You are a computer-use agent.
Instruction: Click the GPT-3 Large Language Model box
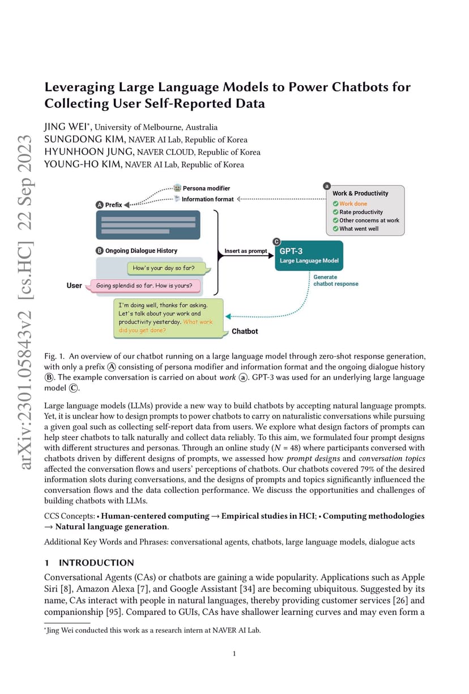pyautogui.click(x=309, y=256)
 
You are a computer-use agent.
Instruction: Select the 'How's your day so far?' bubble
pyautogui.click(x=168, y=268)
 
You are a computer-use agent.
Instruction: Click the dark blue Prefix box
pyautogui.click(x=148, y=225)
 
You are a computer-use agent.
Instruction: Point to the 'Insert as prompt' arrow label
pyautogui.click(x=246, y=251)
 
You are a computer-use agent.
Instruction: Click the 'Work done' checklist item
pyautogui.click(x=350, y=204)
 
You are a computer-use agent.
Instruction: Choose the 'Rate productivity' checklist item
pyautogui.click(x=357, y=212)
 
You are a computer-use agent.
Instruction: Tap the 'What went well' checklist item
pyautogui.click(x=356, y=229)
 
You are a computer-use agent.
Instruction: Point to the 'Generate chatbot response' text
pyautogui.click(x=336, y=281)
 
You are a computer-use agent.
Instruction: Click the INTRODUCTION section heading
pyautogui.click(x=96, y=563)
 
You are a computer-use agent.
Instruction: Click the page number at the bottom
pyautogui.click(x=234, y=654)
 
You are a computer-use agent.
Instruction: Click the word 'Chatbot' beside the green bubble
pyautogui.click(x=245, y=331)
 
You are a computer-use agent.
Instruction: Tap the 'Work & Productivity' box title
pyautogui.click(x=360, y=193)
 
